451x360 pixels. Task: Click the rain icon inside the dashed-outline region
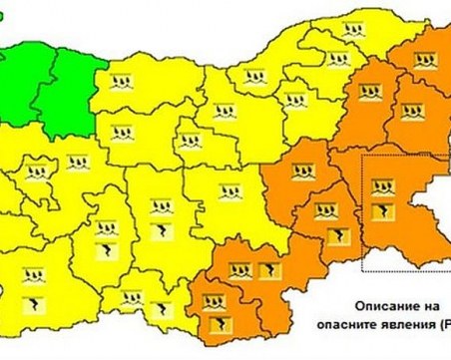tap(382, 186)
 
